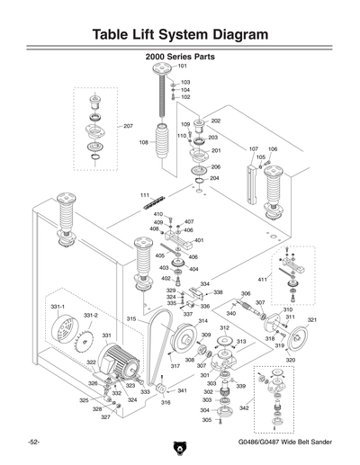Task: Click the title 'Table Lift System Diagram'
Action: pyautogui.click(x=180, y=34)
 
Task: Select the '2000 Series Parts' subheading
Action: pyautogui.click(x=180, y=56)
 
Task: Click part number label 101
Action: pyautogui.click(x=182, y=67)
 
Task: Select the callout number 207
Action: pyautogui.click(x=128, y=126)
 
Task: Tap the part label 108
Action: pyautogui.click(x=143, y=142)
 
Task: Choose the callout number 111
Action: pyautogui.click(x=145, y=195)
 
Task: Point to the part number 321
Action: pyautogui.click(x=311, y=320)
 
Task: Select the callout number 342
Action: pyautogui.click(x=244, y=408)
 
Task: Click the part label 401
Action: pyautogui.click(x=199, y=240)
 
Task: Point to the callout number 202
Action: pyautogui.click(x=216, y=121)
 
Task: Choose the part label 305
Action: pyautogui.click(x=206, y=420)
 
